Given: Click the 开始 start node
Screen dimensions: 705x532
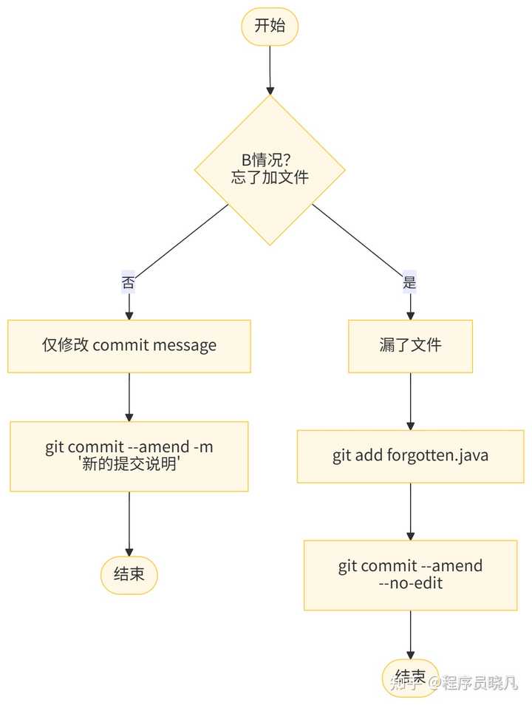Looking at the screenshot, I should (x=270, y=27).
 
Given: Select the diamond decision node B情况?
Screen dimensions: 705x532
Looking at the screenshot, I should (x=270, y=169).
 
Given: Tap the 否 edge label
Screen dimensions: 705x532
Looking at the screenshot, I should (x=129, y=282).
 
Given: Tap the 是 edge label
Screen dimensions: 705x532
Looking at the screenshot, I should (x=409, y=282).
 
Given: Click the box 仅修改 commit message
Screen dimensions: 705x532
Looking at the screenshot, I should (x=129, y=346).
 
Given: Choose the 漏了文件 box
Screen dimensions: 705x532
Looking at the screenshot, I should (x=410, y=346).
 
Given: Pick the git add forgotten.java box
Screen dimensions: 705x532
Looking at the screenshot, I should (x=410, y=455).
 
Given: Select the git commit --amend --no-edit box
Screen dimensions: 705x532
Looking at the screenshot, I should (x=410, y=575).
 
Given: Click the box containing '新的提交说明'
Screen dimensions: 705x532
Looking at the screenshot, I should (x=129, y=456).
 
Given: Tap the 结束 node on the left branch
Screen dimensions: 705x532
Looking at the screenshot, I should (x=129, y=575).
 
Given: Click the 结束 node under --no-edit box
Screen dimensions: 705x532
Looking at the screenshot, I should (x=410, y=676).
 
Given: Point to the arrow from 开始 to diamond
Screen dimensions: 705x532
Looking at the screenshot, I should (x=270, y=70).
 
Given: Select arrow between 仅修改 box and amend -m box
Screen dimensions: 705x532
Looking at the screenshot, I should (x=129, y=397).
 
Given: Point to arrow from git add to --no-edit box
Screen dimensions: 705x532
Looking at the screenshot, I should (x=410, y=511).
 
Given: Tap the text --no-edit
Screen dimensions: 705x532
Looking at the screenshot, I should (x=410, y=583).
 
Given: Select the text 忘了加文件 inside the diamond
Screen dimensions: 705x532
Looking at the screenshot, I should (x=270, y=178).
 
